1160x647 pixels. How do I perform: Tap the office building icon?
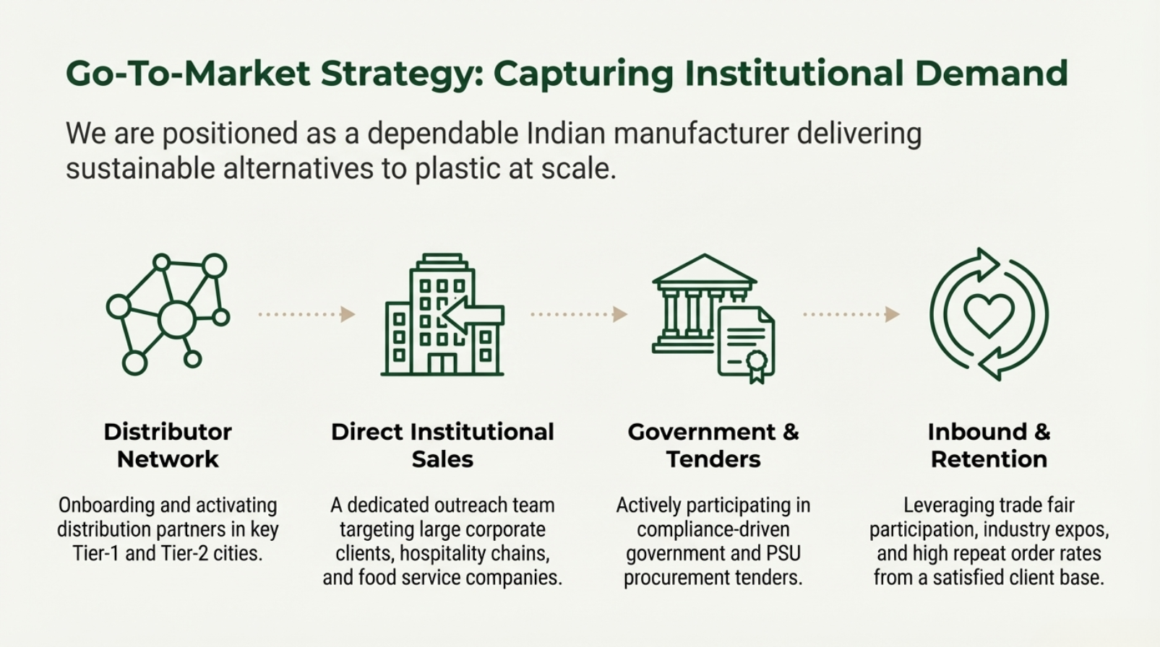442,316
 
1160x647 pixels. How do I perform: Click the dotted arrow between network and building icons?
307,314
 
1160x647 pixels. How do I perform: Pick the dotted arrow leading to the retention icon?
851,314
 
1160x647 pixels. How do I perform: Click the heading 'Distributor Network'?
168,445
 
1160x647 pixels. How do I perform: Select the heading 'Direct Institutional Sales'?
442,445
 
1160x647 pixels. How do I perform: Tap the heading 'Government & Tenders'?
713,445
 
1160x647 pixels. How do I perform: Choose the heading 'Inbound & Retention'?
989,445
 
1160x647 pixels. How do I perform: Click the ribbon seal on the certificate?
756,363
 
